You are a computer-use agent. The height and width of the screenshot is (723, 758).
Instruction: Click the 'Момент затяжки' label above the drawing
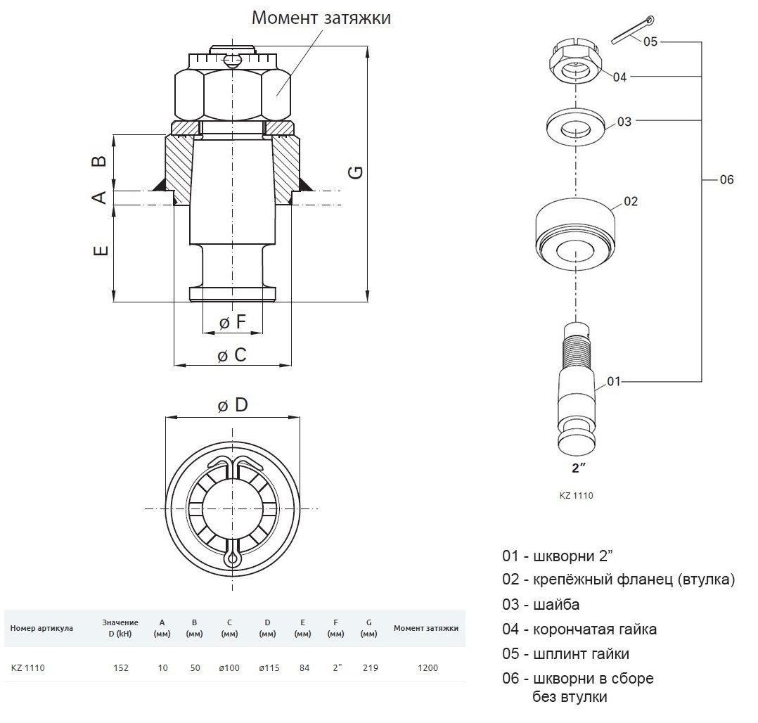(x=321, y=18)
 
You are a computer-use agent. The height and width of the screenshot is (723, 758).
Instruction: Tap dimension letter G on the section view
(x=356, y=172)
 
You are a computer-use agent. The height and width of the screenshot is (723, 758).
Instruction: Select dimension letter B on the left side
(x=100, y=160)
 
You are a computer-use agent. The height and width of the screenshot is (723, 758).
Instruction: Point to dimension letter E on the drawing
(x=101, y=250)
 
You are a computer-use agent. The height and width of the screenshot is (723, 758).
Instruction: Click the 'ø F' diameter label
(x=233, y=321)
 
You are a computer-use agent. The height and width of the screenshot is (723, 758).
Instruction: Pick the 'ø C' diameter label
(x=232, y=355)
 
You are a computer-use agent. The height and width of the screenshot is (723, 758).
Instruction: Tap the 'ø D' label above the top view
(x=233, y=405)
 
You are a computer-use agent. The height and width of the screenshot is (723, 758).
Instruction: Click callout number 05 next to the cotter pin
(x=650, y=41)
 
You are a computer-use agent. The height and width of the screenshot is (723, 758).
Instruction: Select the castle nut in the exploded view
(x=574, y=61)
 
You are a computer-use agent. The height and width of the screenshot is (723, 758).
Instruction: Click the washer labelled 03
(x=575, y=127)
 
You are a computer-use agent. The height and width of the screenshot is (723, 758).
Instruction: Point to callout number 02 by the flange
(x=630, y=201)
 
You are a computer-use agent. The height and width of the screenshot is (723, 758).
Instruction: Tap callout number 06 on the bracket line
(x=726, y=179)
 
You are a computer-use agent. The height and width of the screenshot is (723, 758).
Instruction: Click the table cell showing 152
(x=121, y=668)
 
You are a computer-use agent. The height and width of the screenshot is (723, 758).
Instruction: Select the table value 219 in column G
(x=370, y=668)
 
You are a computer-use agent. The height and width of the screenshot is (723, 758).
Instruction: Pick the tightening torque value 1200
(x=428, y=668)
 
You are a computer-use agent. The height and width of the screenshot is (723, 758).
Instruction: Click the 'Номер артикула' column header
(x=41, y=628)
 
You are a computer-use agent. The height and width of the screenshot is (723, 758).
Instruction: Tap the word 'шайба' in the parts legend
(x=556, y=605)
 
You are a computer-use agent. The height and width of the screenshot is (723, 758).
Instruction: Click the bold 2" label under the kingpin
(x=578, y=468)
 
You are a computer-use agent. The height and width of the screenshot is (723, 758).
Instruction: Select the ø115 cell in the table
(x=269, y=668)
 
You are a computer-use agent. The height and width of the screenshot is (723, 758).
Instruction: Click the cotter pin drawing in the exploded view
(x=632, y=30)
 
